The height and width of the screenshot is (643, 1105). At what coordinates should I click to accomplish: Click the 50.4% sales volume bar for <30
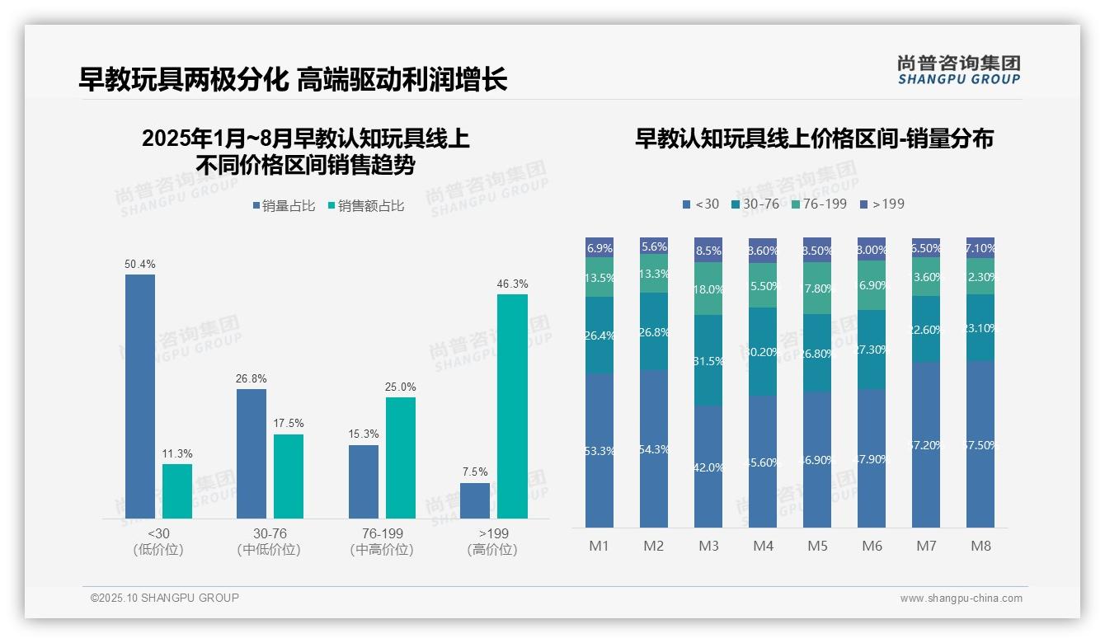[140, 396]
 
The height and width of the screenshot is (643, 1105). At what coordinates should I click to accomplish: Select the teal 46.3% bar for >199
[512, 406]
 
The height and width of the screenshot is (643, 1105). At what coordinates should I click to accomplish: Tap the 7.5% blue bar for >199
[475, 500]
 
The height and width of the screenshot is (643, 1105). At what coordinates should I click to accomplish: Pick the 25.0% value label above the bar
[400, 387]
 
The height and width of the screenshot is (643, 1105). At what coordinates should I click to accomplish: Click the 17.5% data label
[288, 424]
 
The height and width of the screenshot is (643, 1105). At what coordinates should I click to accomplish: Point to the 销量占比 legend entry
[284, 206]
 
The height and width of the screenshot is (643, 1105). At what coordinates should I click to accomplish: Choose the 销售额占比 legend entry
[366, 206]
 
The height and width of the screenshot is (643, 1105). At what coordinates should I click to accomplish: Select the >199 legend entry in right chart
[882, 204]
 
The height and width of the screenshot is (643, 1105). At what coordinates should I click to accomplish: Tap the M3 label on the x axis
[708, 546]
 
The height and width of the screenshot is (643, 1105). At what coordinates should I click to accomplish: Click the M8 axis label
[980, 546]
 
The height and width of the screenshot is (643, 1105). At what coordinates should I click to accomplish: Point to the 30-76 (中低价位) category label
[269, 542]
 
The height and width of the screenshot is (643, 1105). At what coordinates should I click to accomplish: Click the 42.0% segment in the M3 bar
[708, 467]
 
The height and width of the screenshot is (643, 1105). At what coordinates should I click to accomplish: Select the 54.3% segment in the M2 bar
[654, 449]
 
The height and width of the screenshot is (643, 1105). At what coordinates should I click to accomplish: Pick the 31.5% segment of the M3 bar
[708, 360]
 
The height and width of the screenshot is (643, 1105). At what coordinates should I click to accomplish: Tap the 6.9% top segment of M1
[600, 247]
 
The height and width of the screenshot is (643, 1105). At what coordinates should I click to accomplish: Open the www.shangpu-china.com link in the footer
[961, 598]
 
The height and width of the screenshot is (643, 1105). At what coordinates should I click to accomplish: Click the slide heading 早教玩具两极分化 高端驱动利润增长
[293, 79]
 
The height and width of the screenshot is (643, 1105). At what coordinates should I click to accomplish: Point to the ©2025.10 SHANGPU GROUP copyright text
[165, 598]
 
